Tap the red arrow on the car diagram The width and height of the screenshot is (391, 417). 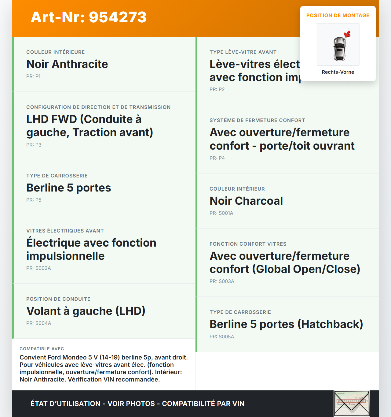point(347,34)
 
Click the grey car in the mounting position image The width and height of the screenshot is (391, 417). point(339,49)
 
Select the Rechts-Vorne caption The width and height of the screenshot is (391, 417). point(338,72)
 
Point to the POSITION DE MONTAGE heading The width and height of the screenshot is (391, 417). point(338,16)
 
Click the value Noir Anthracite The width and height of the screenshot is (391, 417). point(67,64)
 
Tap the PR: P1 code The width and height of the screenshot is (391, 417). point(33,76)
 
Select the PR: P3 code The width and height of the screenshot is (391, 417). point(34,145)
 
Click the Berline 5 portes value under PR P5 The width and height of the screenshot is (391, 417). point(69,188)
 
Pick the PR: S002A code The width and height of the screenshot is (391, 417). point(38,268)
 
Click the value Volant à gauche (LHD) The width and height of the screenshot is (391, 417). point(86,311)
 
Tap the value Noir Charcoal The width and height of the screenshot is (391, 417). point(246,201)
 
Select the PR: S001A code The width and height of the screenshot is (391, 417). point(221,213)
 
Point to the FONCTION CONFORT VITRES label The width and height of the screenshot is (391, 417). point(248,244)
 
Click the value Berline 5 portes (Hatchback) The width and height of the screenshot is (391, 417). point(286,324)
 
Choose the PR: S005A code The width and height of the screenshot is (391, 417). point(222,337)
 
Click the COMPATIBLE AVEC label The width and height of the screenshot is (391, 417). point(42,349)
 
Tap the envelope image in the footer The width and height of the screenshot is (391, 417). point(352,404)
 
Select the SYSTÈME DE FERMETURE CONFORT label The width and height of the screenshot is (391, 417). point(257,121)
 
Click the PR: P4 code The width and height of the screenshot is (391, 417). point(217,158)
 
